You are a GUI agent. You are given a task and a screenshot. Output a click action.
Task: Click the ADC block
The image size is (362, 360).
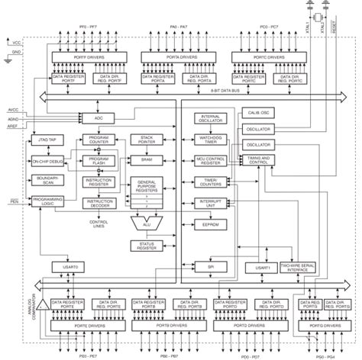(x=98, y=118)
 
